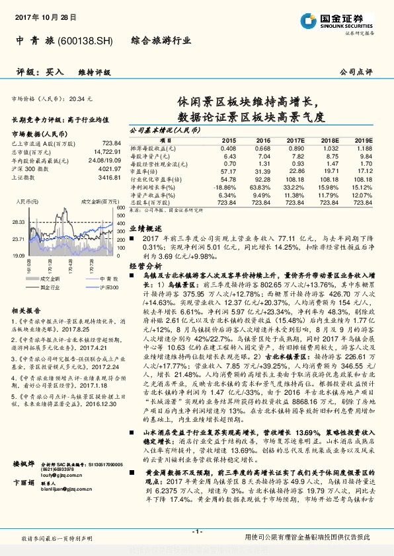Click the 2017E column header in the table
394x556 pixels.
295,141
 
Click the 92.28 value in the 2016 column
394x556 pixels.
262,179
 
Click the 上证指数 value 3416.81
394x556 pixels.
109,177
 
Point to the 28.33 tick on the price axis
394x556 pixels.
19,223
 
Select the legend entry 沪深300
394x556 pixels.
93,287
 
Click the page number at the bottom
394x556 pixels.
196,531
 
